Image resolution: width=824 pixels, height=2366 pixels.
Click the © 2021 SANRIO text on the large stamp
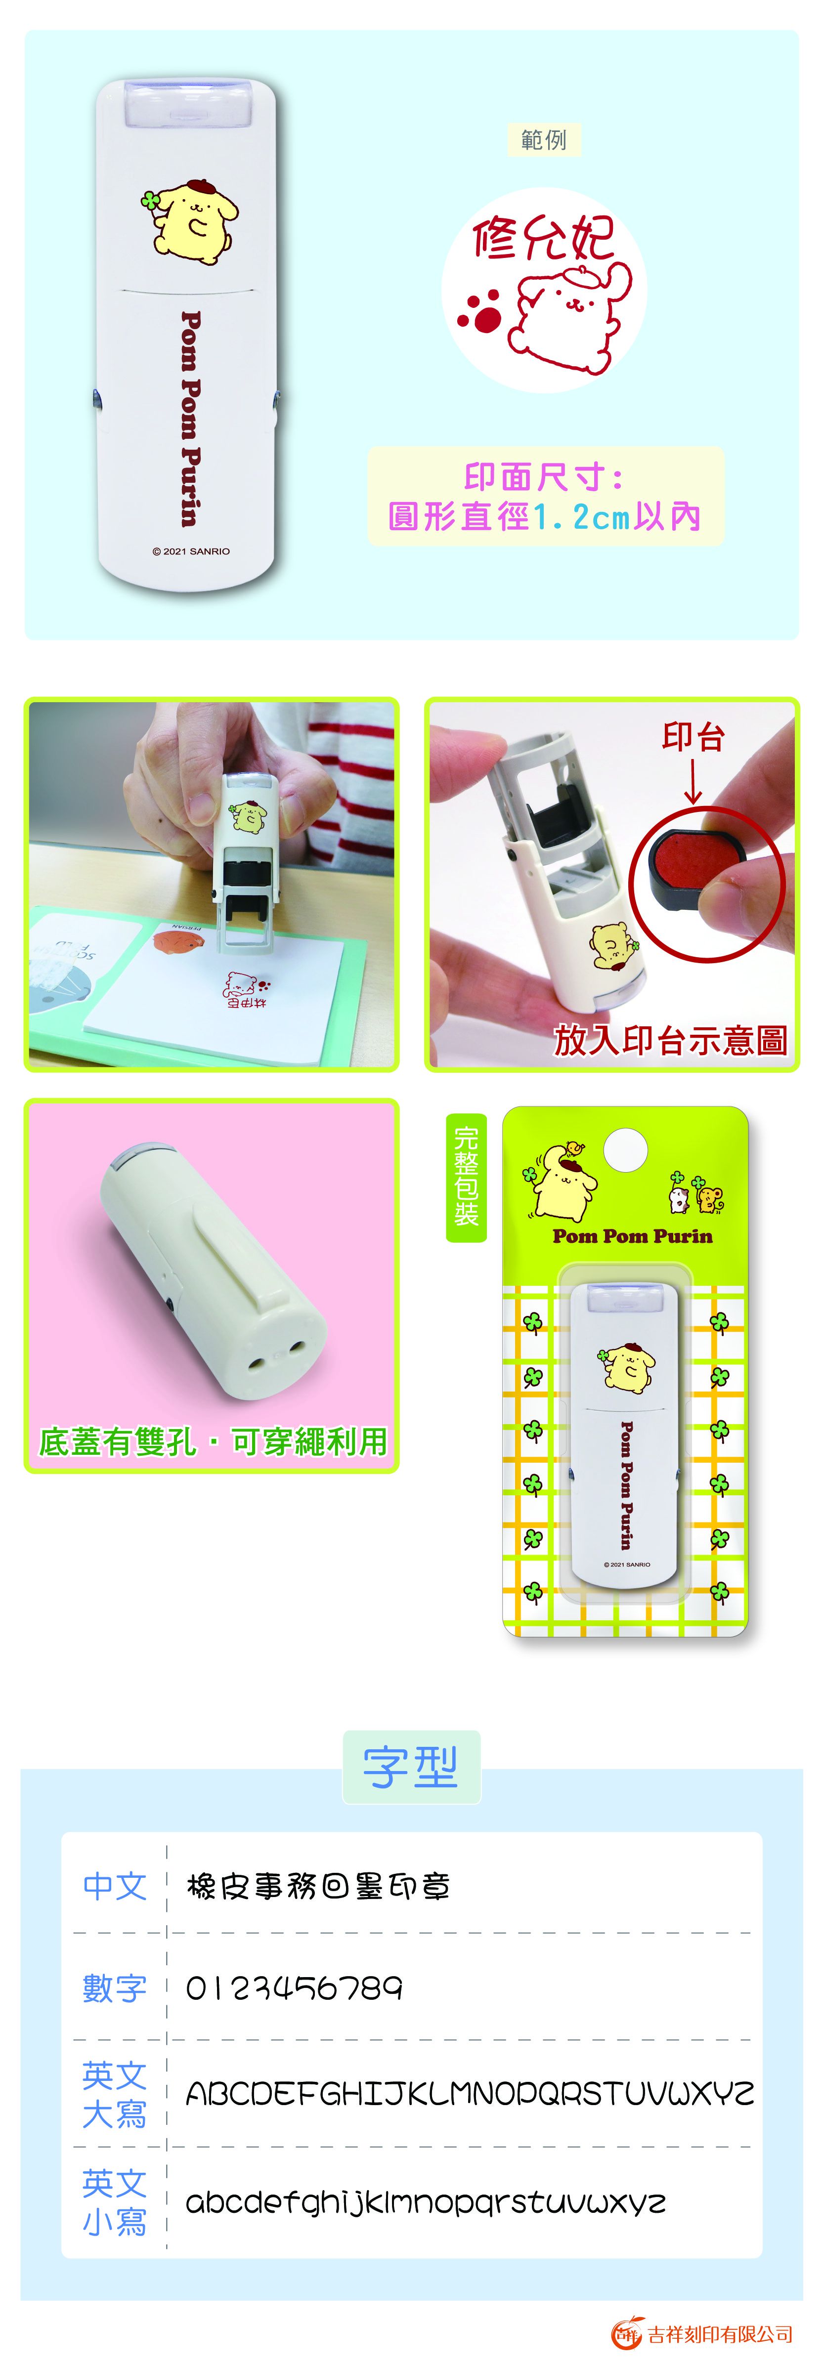click(191, 551)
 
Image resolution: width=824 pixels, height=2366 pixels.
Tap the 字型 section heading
click(411, 1767)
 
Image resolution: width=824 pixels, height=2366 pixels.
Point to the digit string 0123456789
click(294, 1988)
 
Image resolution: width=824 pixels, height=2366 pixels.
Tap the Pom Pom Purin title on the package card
click(632, 1236)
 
